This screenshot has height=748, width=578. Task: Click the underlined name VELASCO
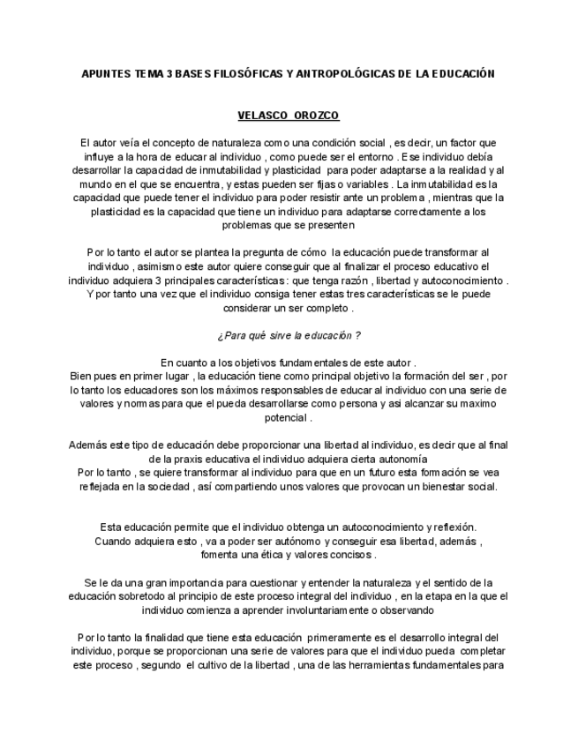263,116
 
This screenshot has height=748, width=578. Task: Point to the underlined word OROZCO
315,116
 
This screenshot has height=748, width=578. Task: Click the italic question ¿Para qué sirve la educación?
289,335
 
